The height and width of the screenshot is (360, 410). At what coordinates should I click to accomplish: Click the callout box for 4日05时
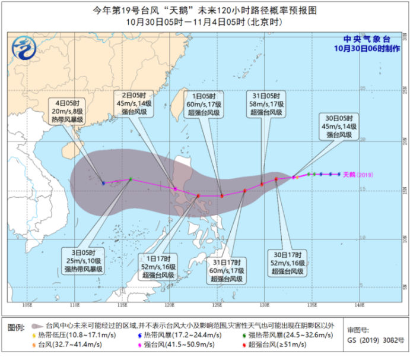point(66,110)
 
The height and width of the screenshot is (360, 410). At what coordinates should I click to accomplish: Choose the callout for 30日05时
point(338,126)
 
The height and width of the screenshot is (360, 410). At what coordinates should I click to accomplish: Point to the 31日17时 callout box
point(225,270)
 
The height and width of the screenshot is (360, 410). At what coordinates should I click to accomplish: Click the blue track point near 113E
point(103,183)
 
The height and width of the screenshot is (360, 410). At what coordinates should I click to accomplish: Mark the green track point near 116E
point(131,178)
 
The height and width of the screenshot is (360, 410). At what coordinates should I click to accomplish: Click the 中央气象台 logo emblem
point(26,46)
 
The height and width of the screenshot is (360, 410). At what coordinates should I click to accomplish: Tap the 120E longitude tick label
point(169,305)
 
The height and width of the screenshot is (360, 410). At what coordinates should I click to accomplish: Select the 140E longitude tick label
point(358,305)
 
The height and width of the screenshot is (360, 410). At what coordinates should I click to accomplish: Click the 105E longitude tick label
point(27,305)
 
